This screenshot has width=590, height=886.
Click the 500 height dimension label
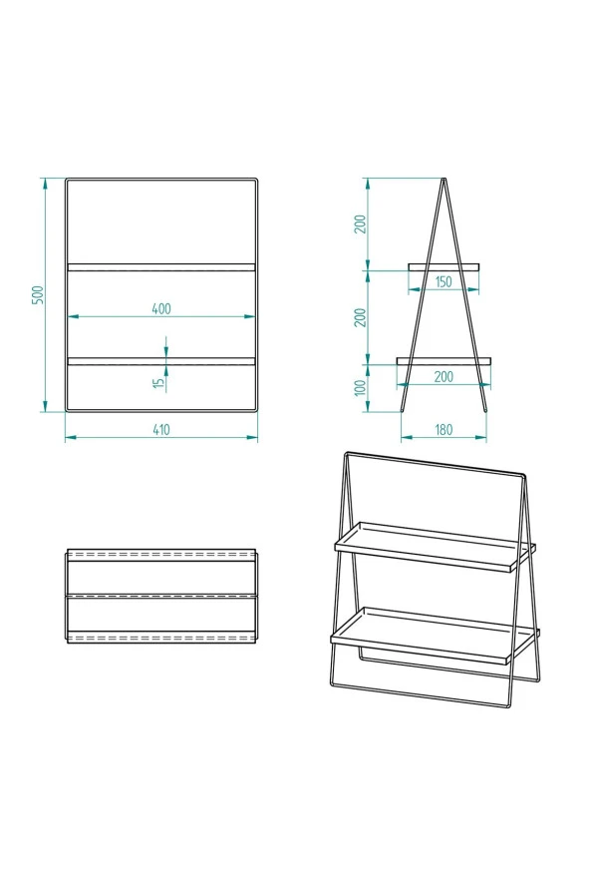coord(38,294)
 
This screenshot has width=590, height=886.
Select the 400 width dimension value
coord(160,308)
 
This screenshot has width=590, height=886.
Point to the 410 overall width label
coord(160,430)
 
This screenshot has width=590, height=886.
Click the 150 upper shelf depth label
coord(443,282)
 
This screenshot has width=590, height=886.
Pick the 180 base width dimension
coord(443,430)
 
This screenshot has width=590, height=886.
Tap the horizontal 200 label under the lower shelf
coord(443,376)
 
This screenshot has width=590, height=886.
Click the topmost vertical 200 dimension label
coord(360,223)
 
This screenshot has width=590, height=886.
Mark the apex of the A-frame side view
coord(443,180)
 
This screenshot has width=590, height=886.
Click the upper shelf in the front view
coord(160,267)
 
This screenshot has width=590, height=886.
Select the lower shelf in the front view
coord(160,361)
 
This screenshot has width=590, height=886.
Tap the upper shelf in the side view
coord(443,266)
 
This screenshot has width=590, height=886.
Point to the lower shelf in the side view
coord(443,360)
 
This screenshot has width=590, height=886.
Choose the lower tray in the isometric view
coord(434,633)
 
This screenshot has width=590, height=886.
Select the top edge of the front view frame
coord(160,180)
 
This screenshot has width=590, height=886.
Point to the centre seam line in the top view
coord(160,596)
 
